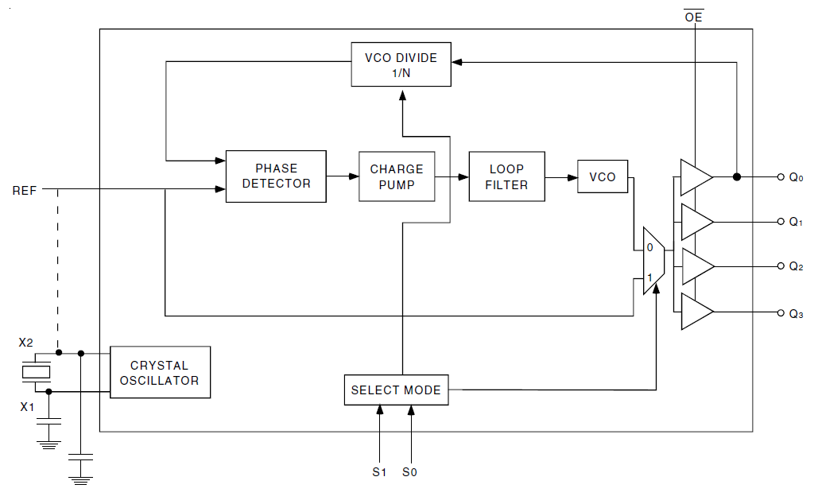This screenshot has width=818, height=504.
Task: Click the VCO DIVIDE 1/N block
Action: pos(401,65)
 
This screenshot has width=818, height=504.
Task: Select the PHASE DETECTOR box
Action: pos(276,176)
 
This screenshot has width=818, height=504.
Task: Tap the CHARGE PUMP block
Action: pos(397,176)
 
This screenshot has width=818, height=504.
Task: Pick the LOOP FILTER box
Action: pos(506,176)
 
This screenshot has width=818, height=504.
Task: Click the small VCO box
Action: pos(603,176)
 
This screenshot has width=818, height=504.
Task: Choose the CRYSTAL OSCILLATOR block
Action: pos(160,372)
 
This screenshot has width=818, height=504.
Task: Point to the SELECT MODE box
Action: pos(396,390)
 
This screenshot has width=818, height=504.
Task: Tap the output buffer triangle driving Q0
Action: pos(695,176)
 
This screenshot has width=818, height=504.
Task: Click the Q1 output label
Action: pos(796,223)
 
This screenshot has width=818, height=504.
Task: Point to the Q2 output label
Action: pos(796,268)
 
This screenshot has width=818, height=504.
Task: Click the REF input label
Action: pos(25,191)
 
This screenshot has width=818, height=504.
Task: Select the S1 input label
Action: pos(379,472)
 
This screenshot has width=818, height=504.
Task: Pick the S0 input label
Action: pos(410,472)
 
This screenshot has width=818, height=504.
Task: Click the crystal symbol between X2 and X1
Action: pos(35,371)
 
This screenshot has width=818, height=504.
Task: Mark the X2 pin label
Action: pos(26,343)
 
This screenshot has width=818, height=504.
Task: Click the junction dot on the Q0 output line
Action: pos(737,176)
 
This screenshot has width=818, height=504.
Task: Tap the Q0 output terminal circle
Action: pos(781,176)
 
